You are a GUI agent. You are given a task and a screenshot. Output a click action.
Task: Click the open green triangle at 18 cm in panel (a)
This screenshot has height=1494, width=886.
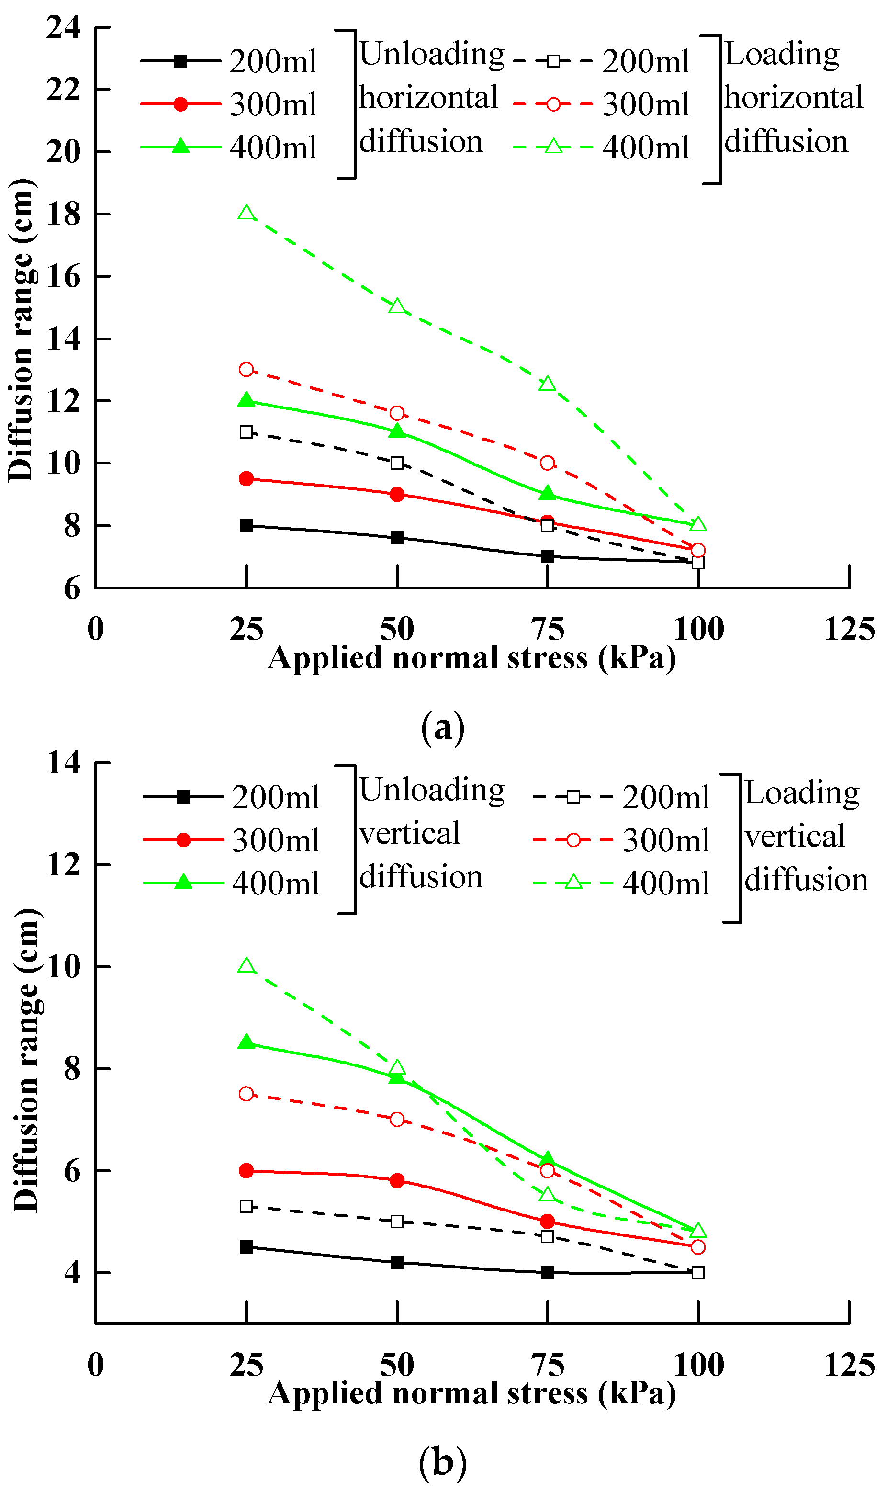pos(247,213)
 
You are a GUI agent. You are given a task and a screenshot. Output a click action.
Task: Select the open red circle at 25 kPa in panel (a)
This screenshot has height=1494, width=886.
pos(247,370)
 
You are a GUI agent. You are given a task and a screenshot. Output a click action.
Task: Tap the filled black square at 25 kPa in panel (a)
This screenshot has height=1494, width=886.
pos(247,525)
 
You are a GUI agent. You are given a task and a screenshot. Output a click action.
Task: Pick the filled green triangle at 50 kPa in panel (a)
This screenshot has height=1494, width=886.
pos(397,431)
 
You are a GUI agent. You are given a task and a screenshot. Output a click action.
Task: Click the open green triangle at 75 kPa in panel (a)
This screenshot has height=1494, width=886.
pos(548,384)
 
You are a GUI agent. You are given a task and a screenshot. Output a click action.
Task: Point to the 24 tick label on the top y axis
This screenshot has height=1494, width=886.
pos(63,27)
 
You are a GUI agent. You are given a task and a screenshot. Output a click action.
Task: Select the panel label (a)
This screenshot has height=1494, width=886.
pos(442,727)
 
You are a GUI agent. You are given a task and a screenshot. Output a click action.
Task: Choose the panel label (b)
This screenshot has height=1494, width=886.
pos(442,1462)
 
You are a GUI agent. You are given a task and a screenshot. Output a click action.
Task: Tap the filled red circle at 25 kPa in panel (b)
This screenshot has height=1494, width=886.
pos(247,1171)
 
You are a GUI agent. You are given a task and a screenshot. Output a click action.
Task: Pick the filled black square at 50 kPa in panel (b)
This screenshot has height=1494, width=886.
pos(397,1262)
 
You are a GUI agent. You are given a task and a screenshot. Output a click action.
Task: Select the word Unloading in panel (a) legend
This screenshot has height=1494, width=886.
pos(432,54)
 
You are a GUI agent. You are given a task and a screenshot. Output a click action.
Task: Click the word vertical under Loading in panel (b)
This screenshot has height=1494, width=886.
pos(795,836)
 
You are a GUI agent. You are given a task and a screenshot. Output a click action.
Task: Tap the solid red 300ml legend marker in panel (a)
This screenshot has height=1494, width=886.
pos(180,104)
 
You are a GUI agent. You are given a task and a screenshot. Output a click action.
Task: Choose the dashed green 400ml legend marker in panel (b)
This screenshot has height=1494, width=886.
pos(573,883)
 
